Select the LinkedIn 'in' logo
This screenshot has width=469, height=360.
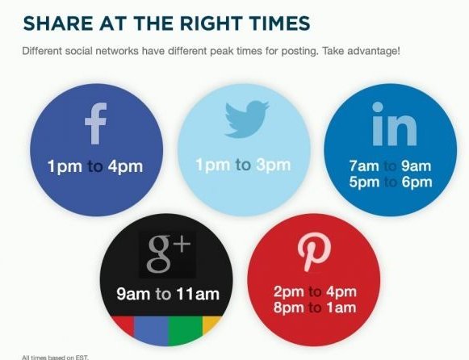(x=395, y=129)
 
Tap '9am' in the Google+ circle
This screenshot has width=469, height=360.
(x=134, y=294)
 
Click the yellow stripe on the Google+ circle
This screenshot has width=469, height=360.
(x=211, y=326)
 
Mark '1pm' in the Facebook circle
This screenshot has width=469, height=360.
(x=65, y=167)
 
